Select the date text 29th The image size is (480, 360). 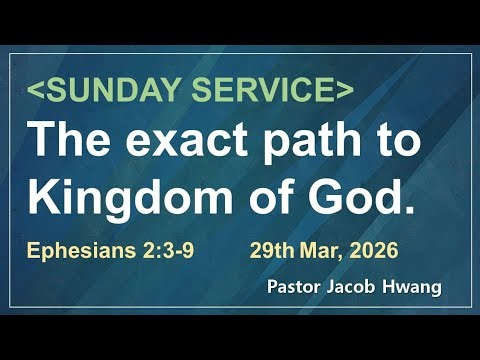tap(269, 247)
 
